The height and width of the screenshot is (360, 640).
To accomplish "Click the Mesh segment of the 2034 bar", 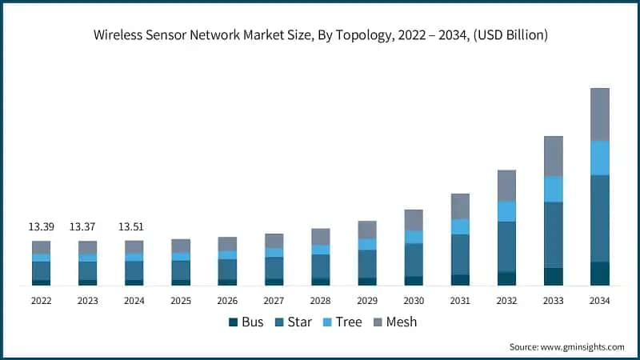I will [x=599, y=114].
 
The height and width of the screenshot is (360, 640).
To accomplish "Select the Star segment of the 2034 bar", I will [x=599, y=218].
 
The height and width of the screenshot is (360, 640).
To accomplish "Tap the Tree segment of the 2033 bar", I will [x=553, y=189].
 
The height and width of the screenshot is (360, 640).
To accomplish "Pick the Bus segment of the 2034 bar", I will [x=599, y=273].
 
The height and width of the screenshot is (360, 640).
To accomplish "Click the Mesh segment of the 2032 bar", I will [x=506, y=185].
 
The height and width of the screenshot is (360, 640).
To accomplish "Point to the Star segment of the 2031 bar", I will [x=460, y=254].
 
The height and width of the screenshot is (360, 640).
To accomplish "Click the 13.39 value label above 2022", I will [x=41, y=227].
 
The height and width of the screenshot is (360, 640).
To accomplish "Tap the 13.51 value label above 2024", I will [x=134, y=227].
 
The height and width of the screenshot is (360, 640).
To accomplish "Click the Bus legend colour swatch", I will [x=234, y=322].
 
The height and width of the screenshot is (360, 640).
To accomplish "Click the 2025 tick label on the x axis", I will [x=181, y=301].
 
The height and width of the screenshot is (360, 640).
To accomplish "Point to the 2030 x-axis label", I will [x=414, y=301].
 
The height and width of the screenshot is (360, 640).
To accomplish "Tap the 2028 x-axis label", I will [x=320, y=301].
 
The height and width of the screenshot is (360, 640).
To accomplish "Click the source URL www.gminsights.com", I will [x=581, y=346].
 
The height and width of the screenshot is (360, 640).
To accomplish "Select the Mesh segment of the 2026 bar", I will [x=227, y=243].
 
